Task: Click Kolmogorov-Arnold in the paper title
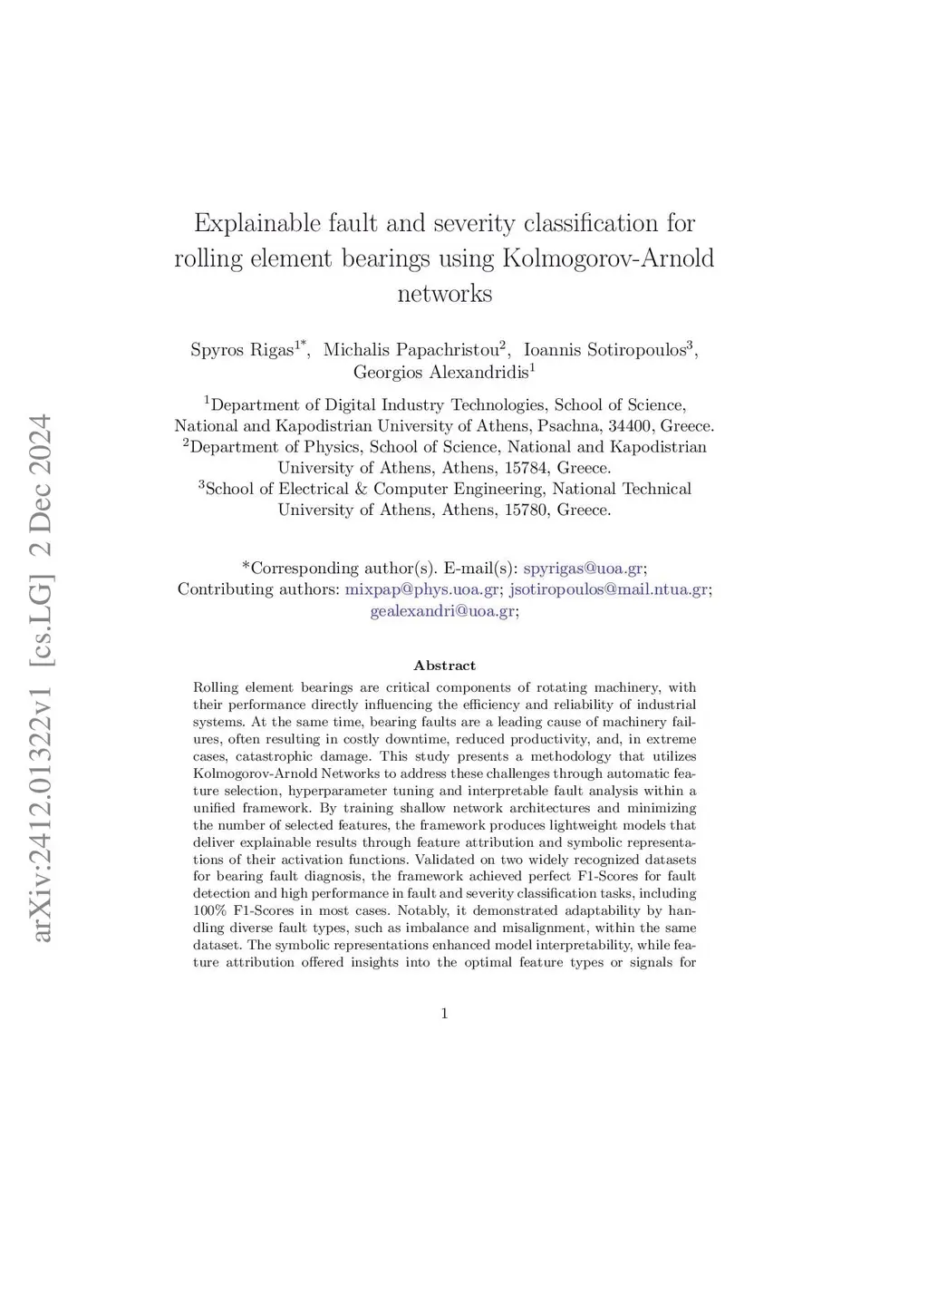point(608,258)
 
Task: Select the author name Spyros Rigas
point(242,350)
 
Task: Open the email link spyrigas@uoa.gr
point(583,569)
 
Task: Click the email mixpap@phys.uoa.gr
point(421,589)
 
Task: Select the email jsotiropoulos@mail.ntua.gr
point(608,589)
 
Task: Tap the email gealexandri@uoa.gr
point(442,611)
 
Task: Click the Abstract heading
point(444,666)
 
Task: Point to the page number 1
point(444,1014)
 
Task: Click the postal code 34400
point(629,426)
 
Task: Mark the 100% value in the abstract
point(209,910)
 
